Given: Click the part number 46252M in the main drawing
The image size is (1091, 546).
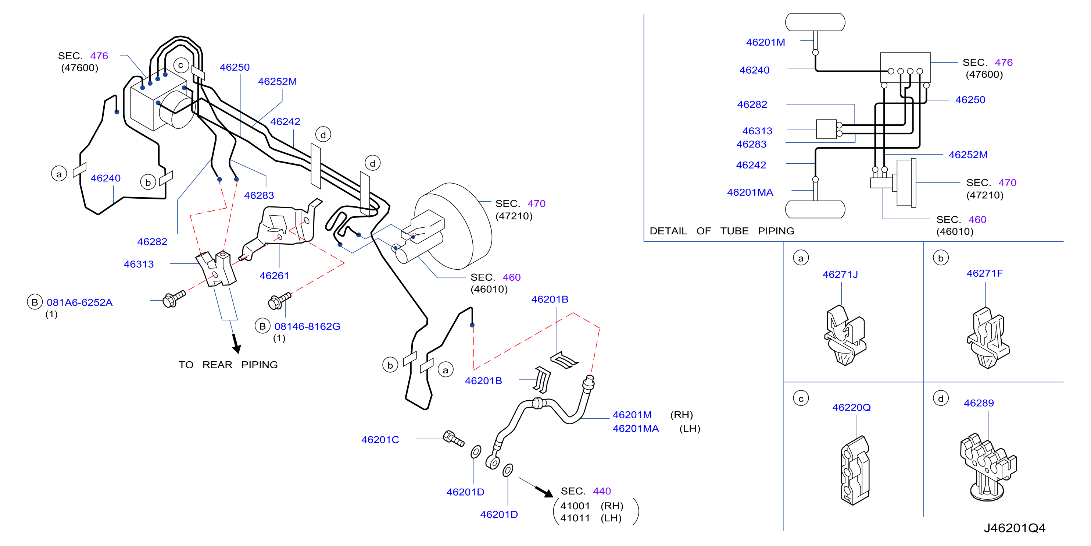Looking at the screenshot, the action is [x=278, y=81].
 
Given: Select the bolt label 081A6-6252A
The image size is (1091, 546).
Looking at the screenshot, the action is [x=80, y=302].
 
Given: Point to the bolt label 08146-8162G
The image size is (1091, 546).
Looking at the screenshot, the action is [x=307, y=326].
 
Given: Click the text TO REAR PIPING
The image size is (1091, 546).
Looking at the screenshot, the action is [x=228, y=365].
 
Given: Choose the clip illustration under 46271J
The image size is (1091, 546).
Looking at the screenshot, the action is [x=845, y=335].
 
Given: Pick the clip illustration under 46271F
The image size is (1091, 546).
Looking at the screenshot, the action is [x=988, y=338].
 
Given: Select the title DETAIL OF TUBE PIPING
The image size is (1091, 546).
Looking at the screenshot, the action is [x=722, y=231].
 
